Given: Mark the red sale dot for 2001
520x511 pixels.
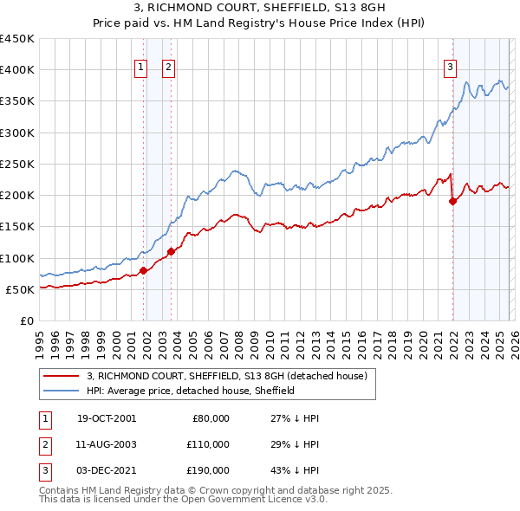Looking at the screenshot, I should coord(143,270).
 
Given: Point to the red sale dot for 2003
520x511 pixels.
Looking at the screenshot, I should coord(171,251).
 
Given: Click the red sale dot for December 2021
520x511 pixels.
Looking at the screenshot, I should coord(452,201).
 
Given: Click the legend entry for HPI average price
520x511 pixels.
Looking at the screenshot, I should coord(191,391).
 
